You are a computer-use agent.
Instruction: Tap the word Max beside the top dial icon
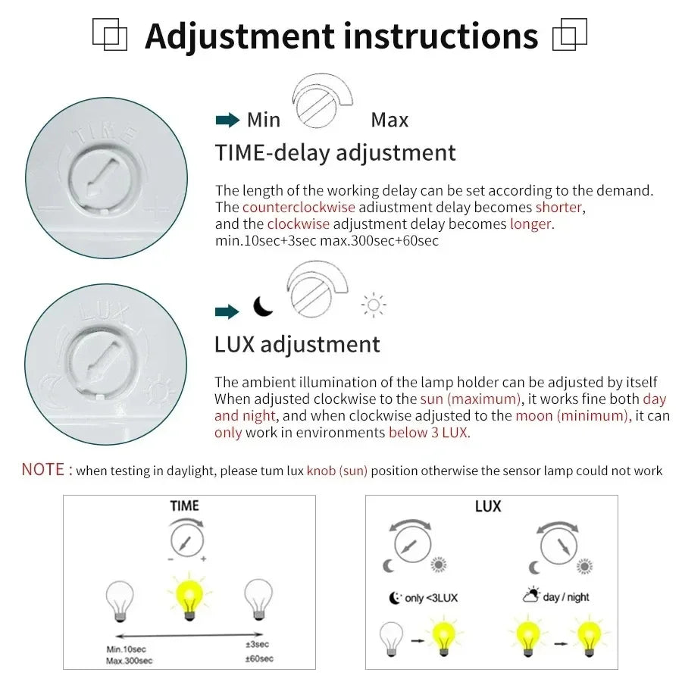[389, 120]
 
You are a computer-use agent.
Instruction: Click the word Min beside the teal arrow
[264, 120]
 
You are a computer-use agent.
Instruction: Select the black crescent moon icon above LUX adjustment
[263, 306]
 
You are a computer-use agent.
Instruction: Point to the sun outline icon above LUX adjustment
[374, 305]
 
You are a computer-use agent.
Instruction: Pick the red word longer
[531, 224]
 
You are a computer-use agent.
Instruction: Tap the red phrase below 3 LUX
[429, 433]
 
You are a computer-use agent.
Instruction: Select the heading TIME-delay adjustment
[335, 152]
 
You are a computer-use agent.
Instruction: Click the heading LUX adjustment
[297, 344]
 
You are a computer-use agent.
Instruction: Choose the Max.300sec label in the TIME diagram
[130, 661]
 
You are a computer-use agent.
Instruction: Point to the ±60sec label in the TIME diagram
[260, 659]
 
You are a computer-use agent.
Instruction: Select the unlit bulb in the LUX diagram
[392, 636]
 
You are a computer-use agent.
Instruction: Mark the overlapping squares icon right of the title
[570, 35]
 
